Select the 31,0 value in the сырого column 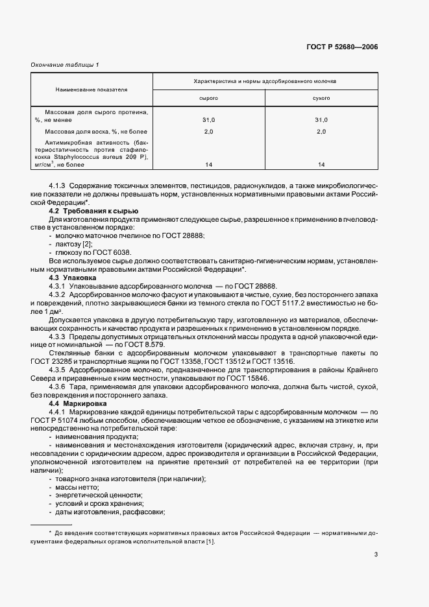click(x=208, y=120)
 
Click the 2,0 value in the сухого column click(x=321, y=132)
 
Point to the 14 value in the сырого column click(x=208, y=165)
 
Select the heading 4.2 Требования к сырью click(x=95, y=211)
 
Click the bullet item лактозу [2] click(x=73, y=244)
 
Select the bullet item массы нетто click(x=76, y=487)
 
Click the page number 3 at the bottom click(x=376, y=554)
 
